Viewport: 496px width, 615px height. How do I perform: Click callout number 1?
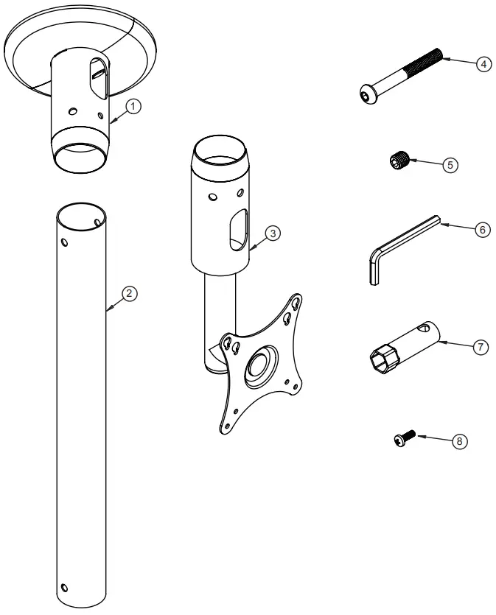click(133, 106)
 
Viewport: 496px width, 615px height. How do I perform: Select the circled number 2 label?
click(128, 293)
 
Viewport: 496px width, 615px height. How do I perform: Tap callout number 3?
click(272, 233)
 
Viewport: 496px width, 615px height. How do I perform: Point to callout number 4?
click(483, 64)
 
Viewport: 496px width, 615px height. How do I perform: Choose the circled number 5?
click(449, 165)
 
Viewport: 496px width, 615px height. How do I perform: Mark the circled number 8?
click(458, 441)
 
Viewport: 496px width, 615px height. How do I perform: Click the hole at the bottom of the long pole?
click(64, 587)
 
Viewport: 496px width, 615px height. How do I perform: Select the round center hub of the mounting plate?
click(259, 366)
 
